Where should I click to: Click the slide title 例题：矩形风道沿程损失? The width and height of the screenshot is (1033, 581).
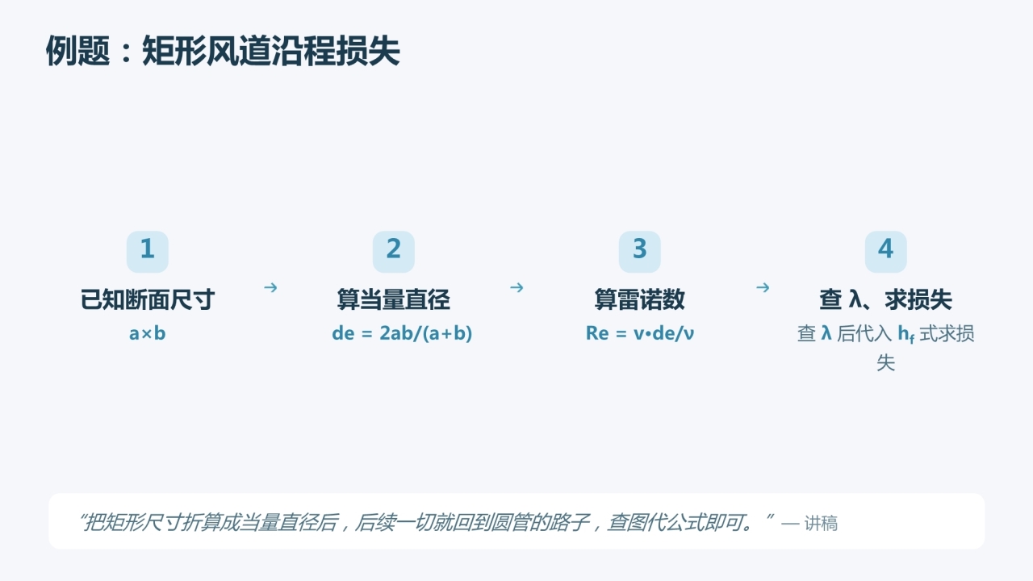click(223, 51)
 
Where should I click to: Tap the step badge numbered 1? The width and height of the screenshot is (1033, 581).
click(148, 252)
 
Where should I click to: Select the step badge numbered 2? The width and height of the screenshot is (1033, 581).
click(393, 252)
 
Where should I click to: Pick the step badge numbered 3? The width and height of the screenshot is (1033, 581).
click(640, 252)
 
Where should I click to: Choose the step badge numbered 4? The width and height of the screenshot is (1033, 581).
click(885, 252)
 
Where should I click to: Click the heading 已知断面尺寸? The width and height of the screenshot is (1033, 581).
click(148, 299)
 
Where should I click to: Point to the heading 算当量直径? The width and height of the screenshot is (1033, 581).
click(393, 299)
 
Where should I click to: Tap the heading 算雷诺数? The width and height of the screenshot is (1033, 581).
click(640, 299)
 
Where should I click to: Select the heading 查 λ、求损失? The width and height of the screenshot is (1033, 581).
click(885, 299)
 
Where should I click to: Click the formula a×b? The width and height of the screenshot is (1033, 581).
click(148, 333)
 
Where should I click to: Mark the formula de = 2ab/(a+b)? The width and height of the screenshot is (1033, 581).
click(402, 333)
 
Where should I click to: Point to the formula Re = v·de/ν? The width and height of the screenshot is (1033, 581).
click(640, 333)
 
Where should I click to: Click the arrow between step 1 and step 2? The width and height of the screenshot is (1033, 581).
click(270, 288)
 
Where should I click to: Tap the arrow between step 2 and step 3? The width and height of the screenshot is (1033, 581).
click(516, 288)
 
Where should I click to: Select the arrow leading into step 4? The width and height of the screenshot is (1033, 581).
click(763, 288)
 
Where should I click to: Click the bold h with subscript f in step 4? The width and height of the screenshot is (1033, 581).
click(905, 334)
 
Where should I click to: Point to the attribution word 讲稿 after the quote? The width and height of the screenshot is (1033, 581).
click(821, 524)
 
